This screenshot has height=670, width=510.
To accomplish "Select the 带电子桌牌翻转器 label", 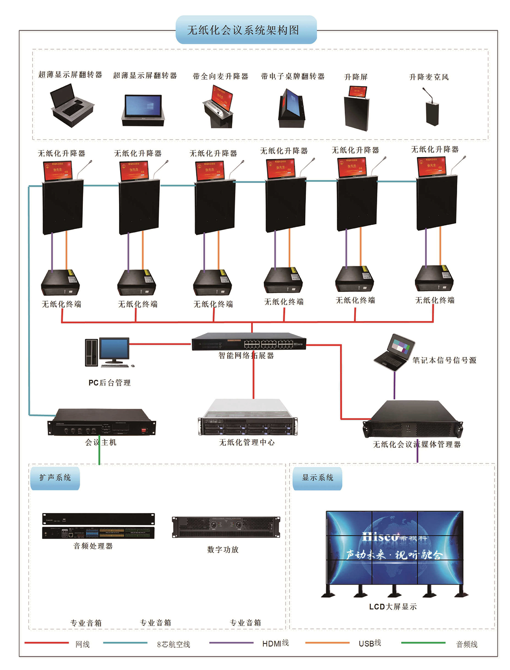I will coord(293,76).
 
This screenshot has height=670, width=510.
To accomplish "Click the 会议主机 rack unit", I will coord(102,423).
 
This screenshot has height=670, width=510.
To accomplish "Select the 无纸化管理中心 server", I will coord(248,418).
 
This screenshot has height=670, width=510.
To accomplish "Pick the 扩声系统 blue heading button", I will coord(55,478).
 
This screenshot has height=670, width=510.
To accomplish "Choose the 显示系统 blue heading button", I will coord(317,478).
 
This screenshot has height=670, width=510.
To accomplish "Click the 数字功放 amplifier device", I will coord(226,527).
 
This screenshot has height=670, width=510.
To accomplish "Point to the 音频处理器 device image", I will coord(98,526).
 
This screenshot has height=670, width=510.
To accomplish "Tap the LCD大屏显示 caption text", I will coord(393,607).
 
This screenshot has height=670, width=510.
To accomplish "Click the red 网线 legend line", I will coord(47,643).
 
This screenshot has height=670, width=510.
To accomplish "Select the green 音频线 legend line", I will coord(423,643).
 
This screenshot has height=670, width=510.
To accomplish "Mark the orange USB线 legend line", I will coord(327,643).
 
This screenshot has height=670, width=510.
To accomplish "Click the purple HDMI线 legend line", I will coord(231,643).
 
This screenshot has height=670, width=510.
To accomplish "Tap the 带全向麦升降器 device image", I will coord(218,107).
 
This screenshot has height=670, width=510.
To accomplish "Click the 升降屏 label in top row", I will coord(356,77).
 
